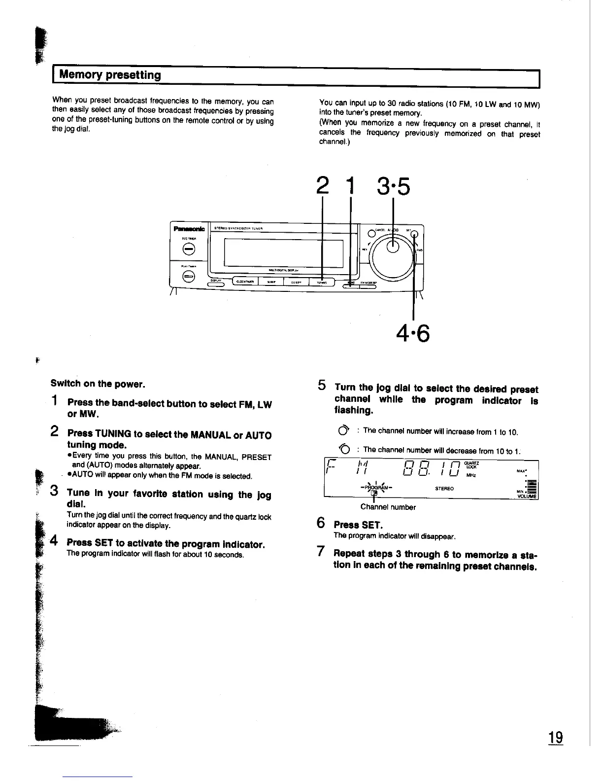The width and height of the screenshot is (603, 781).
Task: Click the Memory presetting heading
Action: [110, 75]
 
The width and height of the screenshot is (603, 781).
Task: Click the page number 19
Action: [556, 738]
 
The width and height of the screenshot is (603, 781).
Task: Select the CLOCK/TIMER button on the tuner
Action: [245, 282]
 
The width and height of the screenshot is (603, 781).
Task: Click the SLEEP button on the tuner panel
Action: [271, 282]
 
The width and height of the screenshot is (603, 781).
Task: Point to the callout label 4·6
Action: [413, 335]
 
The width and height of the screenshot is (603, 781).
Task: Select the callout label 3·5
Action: [393, 187]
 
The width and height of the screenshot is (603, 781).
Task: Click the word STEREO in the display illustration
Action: [444, 489]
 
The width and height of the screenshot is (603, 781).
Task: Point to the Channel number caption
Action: [388, 507]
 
